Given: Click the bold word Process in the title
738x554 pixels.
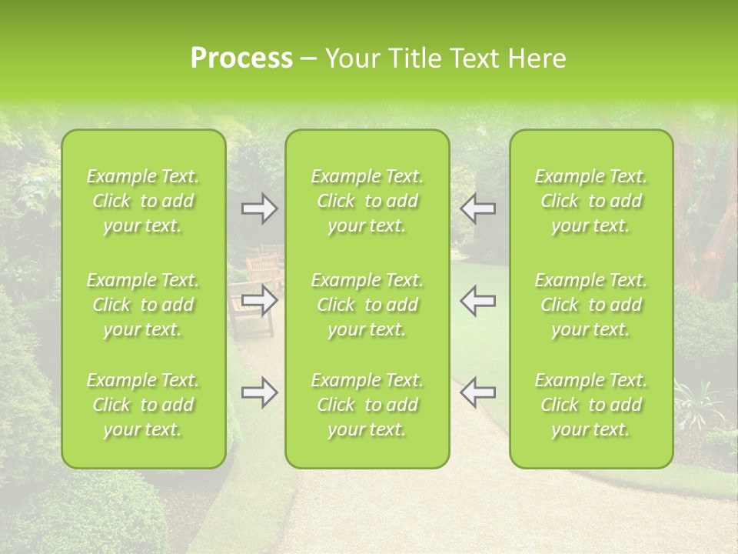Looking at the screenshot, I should pos(241,58).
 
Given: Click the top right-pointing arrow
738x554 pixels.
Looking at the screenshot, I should pos(260,209).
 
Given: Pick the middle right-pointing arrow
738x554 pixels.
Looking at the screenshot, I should pos(260,300).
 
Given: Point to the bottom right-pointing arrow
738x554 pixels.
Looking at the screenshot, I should pos(260,392).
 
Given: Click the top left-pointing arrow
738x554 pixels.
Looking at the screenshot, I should pos(477,209).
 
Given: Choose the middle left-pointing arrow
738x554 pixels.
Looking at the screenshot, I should pos(477,300).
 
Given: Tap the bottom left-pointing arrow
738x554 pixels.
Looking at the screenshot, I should pos(477,392).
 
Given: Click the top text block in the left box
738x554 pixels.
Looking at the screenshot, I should pos(143,201).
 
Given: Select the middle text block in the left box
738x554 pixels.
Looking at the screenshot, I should pos(143,305).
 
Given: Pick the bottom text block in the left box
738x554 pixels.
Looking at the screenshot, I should pos(143,405).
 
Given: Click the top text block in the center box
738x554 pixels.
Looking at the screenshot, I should pos(367,201).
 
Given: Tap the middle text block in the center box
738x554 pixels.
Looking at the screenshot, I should pos(367,305).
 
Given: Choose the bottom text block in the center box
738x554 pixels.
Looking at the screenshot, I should pos(367,405).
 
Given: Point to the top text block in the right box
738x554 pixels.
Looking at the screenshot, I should pos(590,201).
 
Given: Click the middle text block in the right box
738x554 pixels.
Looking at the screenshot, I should pos(590,305).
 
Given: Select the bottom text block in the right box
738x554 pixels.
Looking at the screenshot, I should pos(590,405).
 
